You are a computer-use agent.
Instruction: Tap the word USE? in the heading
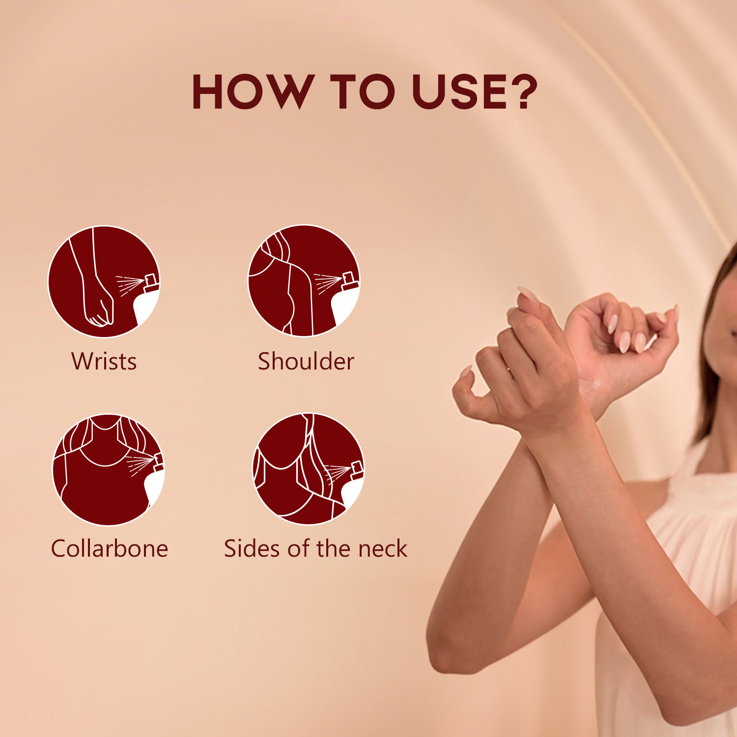click(x=475, y=92)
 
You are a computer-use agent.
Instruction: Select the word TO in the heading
click(x=363, y=92)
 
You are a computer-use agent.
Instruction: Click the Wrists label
click(x=104, y=361)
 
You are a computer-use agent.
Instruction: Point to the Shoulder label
click(x=306, y=361)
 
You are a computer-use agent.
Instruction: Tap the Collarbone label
click(x=109, y=548)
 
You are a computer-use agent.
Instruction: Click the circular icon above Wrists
click(x=104, y=282)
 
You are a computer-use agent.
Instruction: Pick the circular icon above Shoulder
click(x=304, y=281)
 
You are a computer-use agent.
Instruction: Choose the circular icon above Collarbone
click(x=109, y=469)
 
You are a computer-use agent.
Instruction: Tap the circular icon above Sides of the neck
click(x=309, y=469)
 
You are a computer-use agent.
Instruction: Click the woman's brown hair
click(x=712, y=354)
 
